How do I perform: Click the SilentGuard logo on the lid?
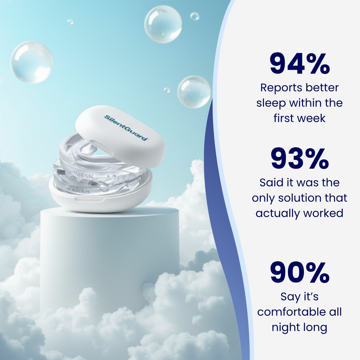pyautogui.click(x=126, y=128)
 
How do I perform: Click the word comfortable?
pyautogui.click(x=291, y=312)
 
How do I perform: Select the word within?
pyautogui.click(x=304, y=103)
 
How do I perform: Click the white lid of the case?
pyautogui.click(x=120, y=133)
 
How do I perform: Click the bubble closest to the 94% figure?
pyautogui.click(x=194, y=92)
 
